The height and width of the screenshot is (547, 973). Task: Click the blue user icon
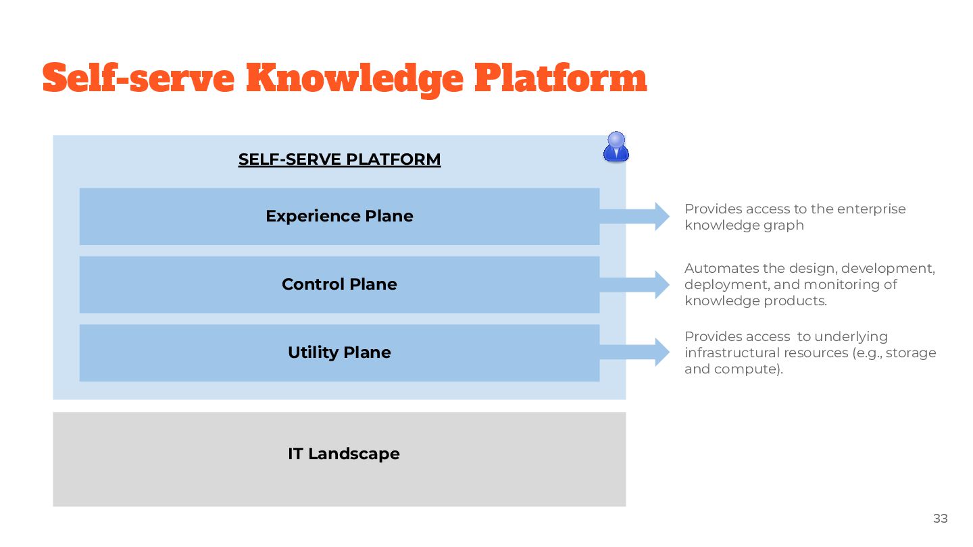pyautogui.click(x=616, y=147)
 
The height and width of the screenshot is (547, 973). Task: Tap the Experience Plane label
pyautogui.click(x=339, y=216)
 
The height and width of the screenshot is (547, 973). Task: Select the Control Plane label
pyautogui.click(x=339, y=284)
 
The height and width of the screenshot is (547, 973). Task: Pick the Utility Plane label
pyautogui.click(x=339, y=353)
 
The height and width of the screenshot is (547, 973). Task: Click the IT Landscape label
pyautogui.click(x=343, y=454)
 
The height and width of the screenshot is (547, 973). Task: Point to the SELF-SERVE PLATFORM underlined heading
pyautogui.click(x=339, y=159)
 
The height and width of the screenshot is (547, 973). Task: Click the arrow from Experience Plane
pyautogui.click(x=635, y=216)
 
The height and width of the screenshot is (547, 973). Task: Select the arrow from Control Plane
pyautogui.click(x=635, y=284)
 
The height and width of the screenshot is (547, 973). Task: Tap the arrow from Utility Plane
pyautogui.click(x=635, y=353)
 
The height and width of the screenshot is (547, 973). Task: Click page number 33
pyautogui.click(x=940, y=519)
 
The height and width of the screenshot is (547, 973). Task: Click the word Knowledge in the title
pyautogui.click(x=355, y=79)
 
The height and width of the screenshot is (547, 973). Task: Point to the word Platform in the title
pyautogui.click(x=560, y=79)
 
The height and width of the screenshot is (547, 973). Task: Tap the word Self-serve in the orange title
pyautogui.click(x=139, y=79)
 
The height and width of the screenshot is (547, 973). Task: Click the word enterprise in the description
pyautogui.click(x=871, y=209)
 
